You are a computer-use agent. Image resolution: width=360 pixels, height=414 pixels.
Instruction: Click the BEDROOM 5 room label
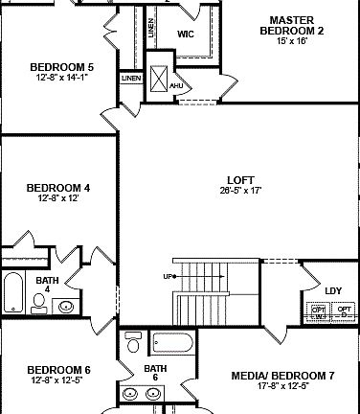(61, 66)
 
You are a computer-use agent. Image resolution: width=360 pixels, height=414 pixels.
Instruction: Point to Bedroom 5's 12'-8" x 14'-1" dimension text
(61, 79)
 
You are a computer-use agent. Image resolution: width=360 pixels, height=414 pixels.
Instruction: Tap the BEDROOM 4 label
(57, 188)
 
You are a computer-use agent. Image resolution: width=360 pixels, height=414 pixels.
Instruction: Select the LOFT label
(240, 179)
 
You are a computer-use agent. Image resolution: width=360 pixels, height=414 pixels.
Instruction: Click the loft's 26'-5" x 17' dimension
(240, 191)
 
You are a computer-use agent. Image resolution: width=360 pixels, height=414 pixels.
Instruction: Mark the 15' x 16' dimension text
(292, 41)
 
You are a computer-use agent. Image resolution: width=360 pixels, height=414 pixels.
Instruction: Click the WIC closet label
(186, 34)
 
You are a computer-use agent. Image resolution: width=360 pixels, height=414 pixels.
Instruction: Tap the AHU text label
(175, 86)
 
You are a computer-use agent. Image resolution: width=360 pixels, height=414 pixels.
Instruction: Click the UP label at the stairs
(169, 276)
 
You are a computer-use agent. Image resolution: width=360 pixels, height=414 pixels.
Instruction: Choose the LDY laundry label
(333, 290)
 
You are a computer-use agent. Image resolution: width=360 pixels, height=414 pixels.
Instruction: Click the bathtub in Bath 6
(173, 343)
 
